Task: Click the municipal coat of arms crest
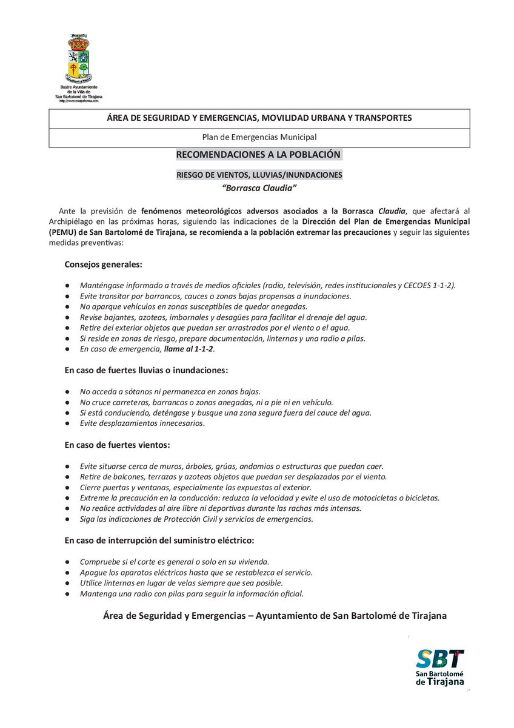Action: click(x=79, y=60)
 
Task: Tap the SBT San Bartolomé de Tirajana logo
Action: click(x=440, y=667)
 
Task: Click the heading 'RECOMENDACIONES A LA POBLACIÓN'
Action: click(x=258, y=155)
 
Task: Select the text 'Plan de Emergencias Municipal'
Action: click(x=259, y=137)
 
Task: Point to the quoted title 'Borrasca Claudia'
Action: click(x=259, y=187)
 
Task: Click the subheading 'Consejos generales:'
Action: click(x=103, y=265)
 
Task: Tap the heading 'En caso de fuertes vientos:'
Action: click(x=118, y=445)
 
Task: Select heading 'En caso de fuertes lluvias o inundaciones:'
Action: click(x=146, y=369)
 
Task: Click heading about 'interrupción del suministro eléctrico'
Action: click(x=159, y=539)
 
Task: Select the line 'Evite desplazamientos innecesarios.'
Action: click(x=142, y=423)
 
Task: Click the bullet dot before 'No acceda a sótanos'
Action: click(x=67, y=391)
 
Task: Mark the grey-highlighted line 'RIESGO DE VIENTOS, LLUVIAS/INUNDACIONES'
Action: click(x=259, y=175)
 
